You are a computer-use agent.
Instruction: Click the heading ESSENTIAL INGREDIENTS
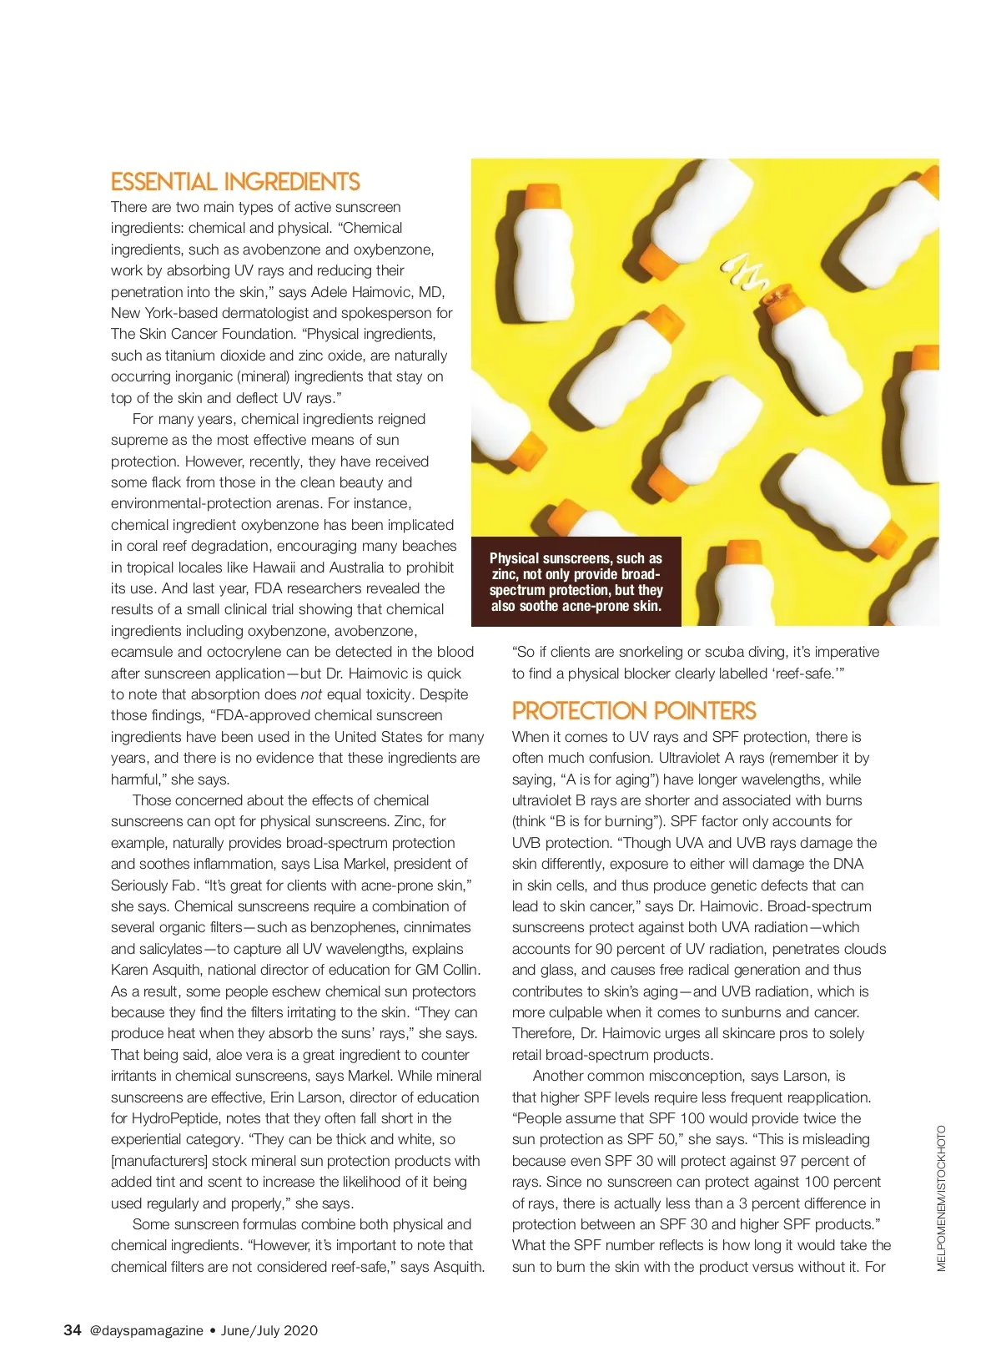235,182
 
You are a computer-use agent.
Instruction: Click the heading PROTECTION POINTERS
634,711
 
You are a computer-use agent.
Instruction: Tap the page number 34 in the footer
73,1330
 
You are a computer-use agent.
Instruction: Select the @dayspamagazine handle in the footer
146,1330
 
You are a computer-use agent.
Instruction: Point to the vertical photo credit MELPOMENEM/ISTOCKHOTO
942,1198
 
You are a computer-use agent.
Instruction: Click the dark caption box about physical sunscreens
576,582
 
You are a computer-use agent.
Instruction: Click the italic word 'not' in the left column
311,694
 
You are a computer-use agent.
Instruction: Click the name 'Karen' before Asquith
131,970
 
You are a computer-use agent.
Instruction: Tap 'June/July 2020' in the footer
269,1330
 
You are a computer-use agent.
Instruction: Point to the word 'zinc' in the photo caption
504,574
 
